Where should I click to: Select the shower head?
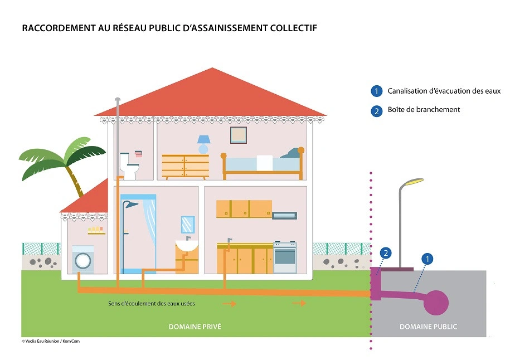click(x=131, y=205)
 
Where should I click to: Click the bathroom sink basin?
click(x=187, y=246)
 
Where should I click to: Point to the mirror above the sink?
click(x=188, y=225)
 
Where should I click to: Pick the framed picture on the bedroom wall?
click(x=239, y=135)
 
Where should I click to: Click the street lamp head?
click(x=414, y=182)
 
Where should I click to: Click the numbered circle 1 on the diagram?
click(x=428, y=259)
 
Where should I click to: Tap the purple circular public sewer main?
click(x=436, y=301)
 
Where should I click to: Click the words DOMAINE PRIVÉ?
click(x=195, y=327)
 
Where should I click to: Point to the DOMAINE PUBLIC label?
click(x=428, y=327)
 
